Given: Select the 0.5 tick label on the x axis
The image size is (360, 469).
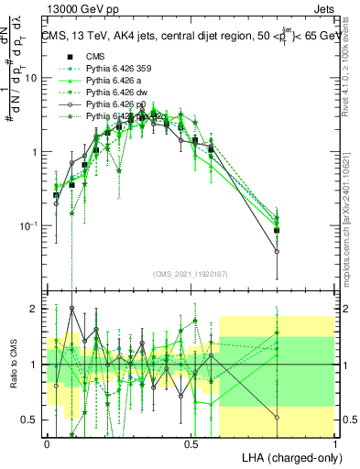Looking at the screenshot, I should coord(191,442).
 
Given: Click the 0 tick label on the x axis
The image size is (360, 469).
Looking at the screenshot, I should coord(47,442).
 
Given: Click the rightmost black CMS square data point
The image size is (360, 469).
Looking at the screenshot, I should coord(277,231).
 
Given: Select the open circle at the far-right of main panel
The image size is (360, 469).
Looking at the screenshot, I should coord(277,251).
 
